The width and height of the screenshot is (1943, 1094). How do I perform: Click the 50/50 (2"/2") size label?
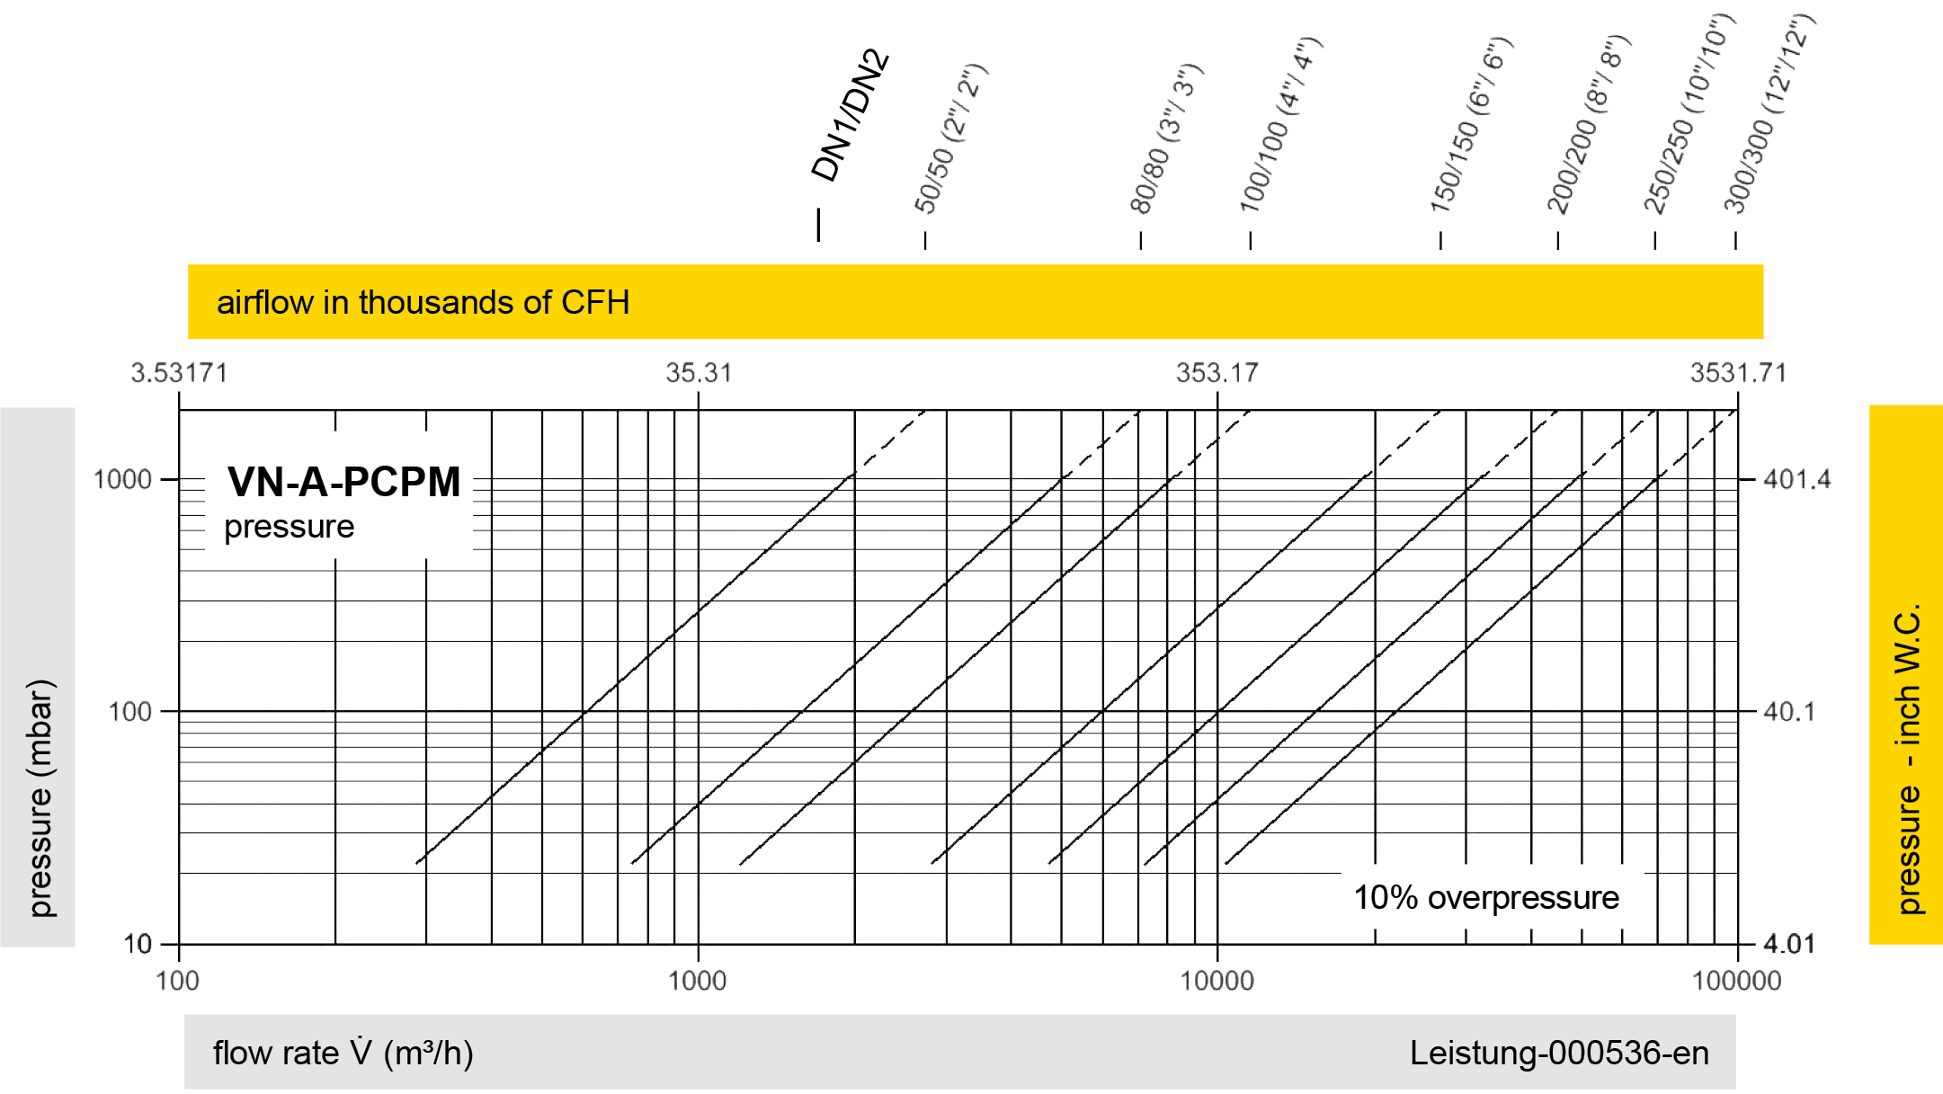tap(951, 139)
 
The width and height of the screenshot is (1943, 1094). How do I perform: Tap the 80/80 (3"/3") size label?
tap(1166, 139)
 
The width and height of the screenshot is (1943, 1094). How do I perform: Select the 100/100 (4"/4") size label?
tap(1280, 126)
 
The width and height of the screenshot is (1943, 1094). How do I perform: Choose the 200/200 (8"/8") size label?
tap(1587, 126)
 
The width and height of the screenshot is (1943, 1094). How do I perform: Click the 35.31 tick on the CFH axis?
tap(699, 373)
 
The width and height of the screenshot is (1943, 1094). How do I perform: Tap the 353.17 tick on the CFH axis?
tap(1217, 373)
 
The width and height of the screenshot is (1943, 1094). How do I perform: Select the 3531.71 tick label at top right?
tap(1738, 373)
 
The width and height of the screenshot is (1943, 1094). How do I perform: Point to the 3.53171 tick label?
tap(179, 373)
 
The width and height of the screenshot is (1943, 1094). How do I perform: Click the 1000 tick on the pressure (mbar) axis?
tap(123, 479)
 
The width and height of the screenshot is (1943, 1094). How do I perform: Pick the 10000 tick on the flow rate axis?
tap(1217, 980)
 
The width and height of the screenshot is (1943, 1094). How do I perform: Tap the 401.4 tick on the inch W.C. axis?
tap(1796, 479)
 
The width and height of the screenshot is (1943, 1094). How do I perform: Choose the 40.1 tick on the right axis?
tap(1788, 712)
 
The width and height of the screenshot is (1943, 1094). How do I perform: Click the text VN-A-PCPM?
tap(343, 482)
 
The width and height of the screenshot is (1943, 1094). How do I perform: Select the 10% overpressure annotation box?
tap(1491, 897)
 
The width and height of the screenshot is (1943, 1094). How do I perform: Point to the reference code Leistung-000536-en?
tap(1559, 1053)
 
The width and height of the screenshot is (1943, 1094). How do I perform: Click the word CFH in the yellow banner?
tap(595, 303)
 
